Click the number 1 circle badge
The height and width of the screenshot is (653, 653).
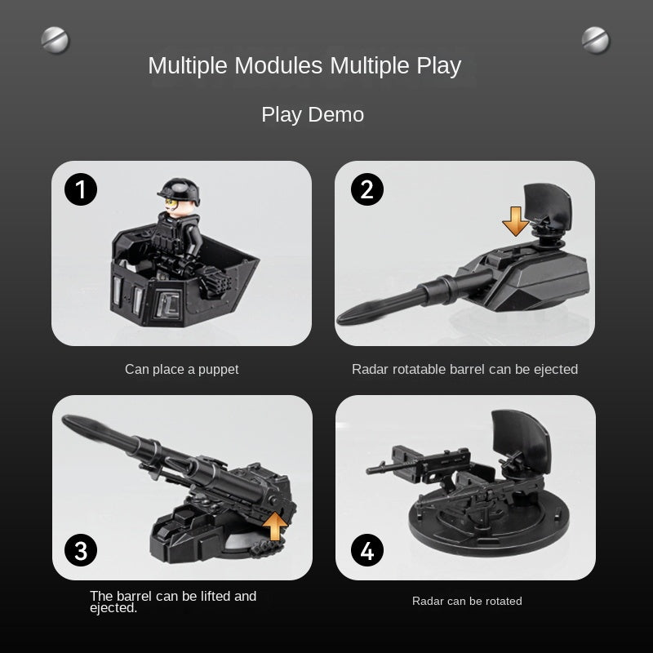point(81,189)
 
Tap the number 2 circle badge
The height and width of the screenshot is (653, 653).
point(366,189)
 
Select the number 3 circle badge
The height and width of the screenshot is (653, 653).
point(81,550)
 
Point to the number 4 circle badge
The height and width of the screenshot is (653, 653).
point(366,550)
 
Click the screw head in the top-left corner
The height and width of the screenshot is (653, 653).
point(55,40)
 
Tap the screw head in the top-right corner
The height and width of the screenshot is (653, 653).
point(596,40)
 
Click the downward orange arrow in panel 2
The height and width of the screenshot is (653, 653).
point(516,221)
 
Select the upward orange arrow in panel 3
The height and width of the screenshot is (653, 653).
point(275,526)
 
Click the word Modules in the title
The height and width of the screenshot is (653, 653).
point(278,65)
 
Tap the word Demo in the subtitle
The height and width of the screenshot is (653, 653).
point(335,114)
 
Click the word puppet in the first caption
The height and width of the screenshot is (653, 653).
point(218,370)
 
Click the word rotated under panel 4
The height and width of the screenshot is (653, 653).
point(504,601)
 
